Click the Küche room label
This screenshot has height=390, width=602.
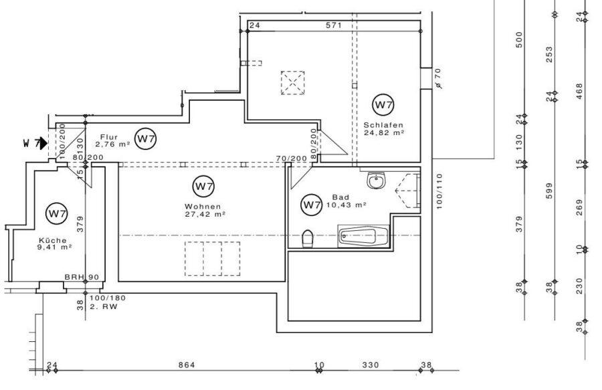(53, 240)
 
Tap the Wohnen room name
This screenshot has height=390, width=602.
(203, 207)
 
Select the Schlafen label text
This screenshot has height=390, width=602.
(383, 125)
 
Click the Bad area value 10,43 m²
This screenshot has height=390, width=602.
(346, 205)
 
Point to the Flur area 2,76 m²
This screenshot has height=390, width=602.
(112, 144)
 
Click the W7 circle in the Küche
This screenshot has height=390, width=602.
(57, 213)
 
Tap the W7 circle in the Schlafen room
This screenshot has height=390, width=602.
(383, 104)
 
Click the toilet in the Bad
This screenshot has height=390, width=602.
(308, 239)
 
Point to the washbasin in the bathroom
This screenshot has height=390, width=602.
(376, 181)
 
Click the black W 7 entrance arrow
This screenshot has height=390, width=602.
(43, 144)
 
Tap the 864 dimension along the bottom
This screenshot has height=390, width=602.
(187, 365)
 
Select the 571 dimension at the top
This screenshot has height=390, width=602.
(334, 25)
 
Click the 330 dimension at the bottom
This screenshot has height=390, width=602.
(371, 365)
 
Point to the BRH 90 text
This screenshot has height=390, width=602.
(82, 277)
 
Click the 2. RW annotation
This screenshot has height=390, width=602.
(104, 306)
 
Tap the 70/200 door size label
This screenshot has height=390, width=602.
(292, 159)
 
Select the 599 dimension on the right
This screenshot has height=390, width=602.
(549, 191)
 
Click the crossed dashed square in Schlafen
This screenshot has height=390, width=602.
(292, 82)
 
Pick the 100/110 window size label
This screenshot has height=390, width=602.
(439, 191)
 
